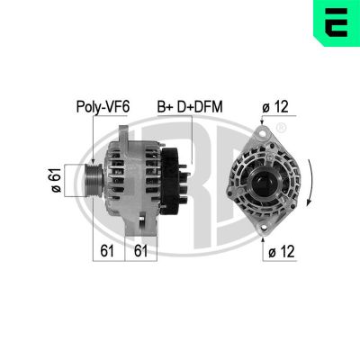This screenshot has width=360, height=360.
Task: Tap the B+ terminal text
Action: coord(166,107)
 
